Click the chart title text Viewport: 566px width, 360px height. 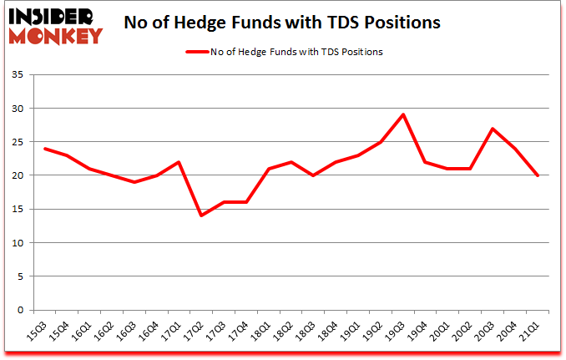(x=281, y=23)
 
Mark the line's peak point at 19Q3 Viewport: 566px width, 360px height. (x=403, y=115)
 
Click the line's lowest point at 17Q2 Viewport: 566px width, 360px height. (x=200, y=215)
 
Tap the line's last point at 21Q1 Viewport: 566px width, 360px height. (x=538, y=175)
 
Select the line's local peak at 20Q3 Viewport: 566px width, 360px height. (x=493, y=129)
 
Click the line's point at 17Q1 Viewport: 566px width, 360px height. (x=178, y=162)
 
